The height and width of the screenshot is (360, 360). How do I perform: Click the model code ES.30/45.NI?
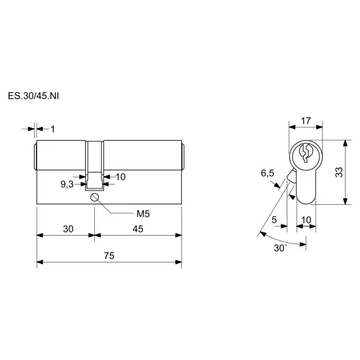click(33, 96)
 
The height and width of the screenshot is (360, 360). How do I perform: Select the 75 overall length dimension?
click(109, 255)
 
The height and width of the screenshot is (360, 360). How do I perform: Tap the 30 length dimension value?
click(68, 229)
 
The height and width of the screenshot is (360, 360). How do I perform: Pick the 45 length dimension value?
click(137, 229)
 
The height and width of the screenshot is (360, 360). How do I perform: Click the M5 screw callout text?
click(143, 214)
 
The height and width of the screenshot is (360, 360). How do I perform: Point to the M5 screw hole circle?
click(94, 197)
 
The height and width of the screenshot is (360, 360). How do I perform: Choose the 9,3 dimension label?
click(67, 184)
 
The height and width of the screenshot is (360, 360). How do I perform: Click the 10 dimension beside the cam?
click(120, 177)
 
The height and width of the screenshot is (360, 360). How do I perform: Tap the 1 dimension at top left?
click(53, 129)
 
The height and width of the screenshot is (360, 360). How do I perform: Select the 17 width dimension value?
click(306, 121)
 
